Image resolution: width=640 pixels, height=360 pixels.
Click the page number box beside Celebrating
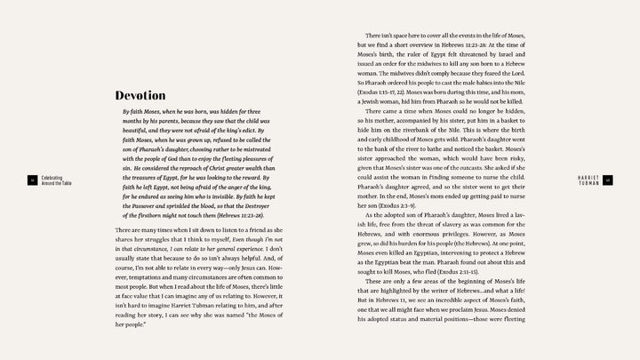[x=31, y=180]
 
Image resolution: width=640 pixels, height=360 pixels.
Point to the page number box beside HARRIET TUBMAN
[x=608, y=180]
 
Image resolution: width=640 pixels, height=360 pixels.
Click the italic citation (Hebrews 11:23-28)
[x=235, y=215]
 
